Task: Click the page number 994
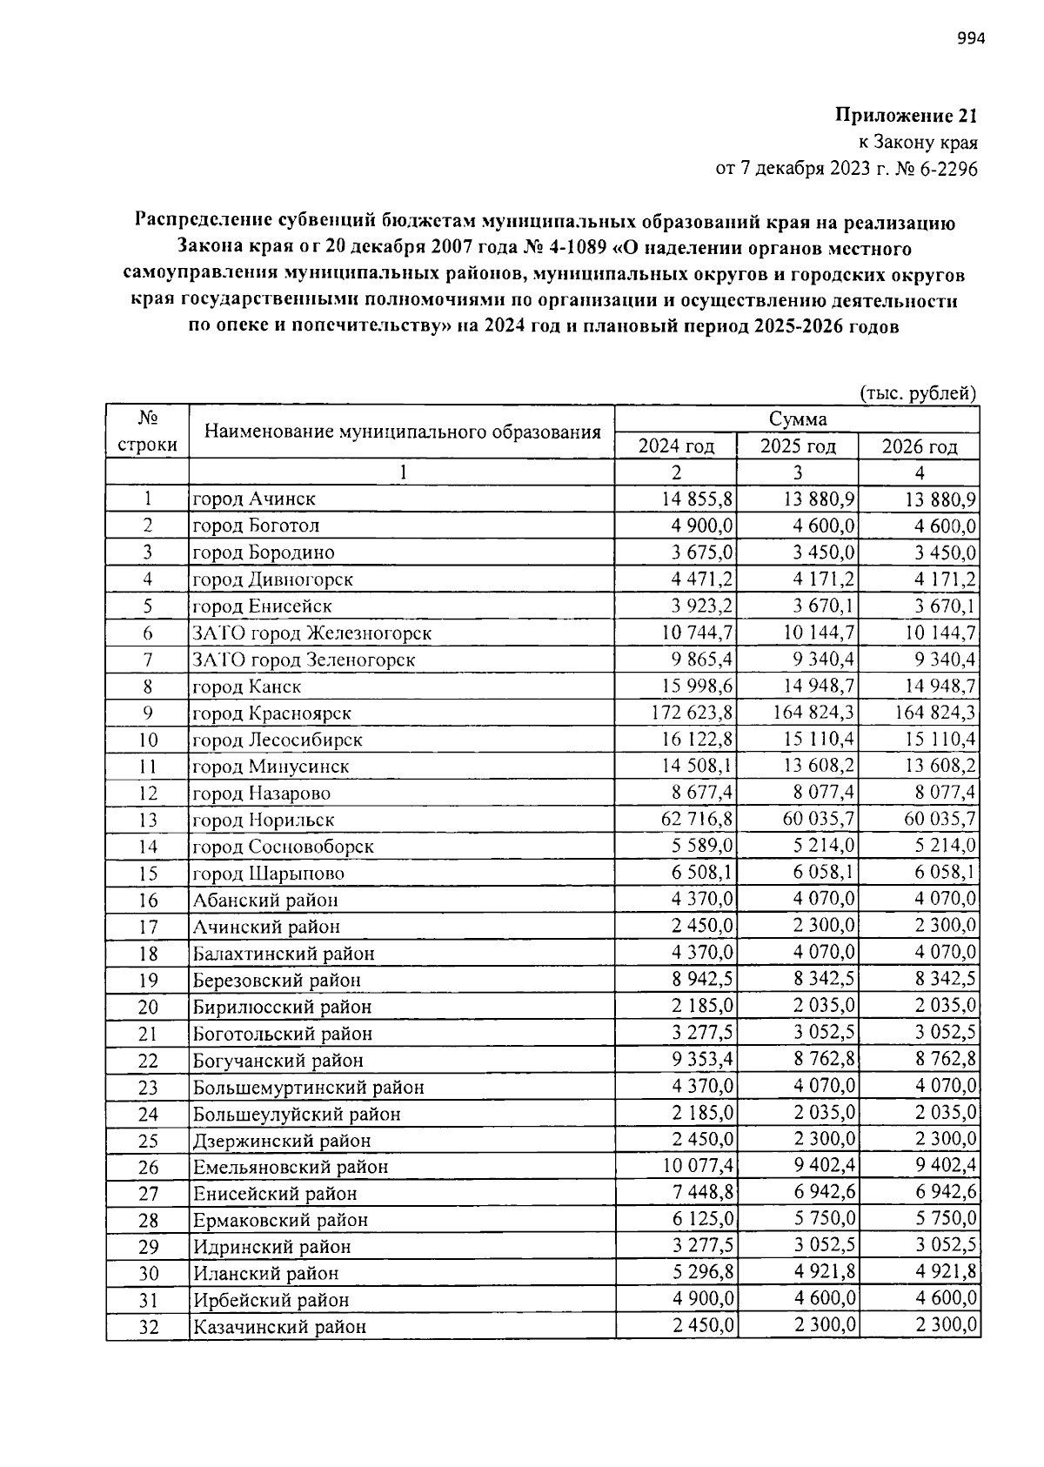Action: [971, 38]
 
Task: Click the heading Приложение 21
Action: [907, 116]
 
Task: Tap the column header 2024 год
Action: [676, 446]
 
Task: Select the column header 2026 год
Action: [920, 446]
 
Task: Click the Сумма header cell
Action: [797, 419]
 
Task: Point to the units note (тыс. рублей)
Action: [919, 393]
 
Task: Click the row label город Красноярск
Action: [271, 713]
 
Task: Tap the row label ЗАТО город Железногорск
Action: [311, 633]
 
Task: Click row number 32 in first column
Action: [148, 1328]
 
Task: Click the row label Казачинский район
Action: [279, 1328]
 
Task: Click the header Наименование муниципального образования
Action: [402, 432]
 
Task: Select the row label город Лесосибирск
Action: [277, 740]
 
